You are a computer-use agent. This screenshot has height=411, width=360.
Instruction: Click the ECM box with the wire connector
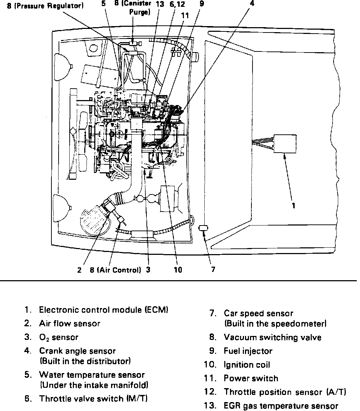click(x=285, y=144)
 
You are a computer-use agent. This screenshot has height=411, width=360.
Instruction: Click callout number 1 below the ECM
click(x=294, y=206)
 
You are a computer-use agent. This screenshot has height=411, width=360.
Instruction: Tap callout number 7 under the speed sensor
click(x=213, y=270)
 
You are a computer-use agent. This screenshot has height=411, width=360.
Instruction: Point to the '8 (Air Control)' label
click(x=115, y=270)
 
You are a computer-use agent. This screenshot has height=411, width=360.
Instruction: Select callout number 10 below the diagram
click(x=177, y=270)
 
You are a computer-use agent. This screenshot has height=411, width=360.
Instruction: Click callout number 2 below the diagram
click(x=79, y=270)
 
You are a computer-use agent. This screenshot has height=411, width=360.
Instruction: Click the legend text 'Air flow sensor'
click(x=69, y=324)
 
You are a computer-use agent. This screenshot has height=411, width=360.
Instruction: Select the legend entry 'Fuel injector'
click(x=248, y=351)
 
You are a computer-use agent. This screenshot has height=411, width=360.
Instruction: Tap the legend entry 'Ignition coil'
click(x=247, y=365)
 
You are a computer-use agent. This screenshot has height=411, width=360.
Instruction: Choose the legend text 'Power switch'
click(x=251, y=378)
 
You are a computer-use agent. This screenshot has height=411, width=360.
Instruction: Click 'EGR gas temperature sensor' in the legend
click(x=281, y=406)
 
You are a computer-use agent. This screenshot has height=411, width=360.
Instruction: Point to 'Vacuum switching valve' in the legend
click(x=272, y=337)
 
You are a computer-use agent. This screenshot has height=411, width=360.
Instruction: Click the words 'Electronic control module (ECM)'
click(x=104, y=310)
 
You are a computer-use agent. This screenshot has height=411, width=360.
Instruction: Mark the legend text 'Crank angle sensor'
click(x=77, y=351)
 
